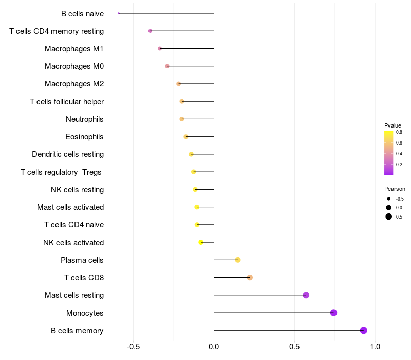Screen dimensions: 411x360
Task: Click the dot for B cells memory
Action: click(x=363, y=330)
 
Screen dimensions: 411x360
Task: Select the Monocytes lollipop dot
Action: click(x=333, y=313)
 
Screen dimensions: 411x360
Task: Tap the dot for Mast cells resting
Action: click(x=306, y=295)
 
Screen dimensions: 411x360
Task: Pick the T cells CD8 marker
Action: click(x=250, y=278)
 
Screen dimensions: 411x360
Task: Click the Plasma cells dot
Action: click(x=238, y=260)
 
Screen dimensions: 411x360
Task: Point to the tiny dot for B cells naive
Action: click(x=119, y=13)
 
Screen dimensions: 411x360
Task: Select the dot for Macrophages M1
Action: click(x=160, y=48)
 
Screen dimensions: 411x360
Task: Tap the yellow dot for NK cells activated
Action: click(x=201, y=242)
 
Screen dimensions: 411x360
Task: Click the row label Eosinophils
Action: click(x=84, y=137)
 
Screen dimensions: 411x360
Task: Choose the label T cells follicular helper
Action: click(x=67, y=102)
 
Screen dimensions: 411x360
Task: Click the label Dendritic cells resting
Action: click(x=68, y=154)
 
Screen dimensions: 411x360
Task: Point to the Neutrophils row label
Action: click(x=85, y=119)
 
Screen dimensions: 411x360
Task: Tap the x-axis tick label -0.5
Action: click(x=133, y=347)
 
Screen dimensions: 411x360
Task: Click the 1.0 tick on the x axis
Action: click(x=375, y=347)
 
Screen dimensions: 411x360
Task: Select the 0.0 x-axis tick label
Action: click(x=214, y=347)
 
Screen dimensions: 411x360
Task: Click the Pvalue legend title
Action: click(x=393, y=125)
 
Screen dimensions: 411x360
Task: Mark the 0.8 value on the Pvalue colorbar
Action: click(x=399, y=132)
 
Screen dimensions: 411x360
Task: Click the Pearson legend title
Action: click(x=395, y=189)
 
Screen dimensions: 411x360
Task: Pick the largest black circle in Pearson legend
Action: click(x=389, y=217)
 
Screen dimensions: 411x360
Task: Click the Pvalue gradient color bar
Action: click(x=389, y=153)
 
